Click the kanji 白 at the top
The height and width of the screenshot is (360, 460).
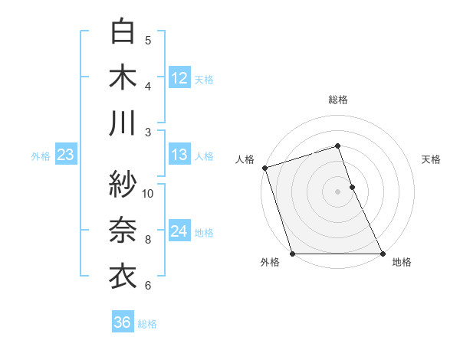[x=123, y=31]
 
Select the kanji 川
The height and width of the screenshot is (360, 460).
[x=123, y=123]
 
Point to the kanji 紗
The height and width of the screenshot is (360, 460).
[x=123, y=184]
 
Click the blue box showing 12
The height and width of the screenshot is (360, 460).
[x=179, y=77]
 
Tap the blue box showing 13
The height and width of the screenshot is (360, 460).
[x=179, y=155]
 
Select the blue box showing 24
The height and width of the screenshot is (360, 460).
[x=179, y=231]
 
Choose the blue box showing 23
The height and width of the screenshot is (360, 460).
[x=66, y=155]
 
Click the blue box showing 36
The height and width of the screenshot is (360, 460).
[x=123, y=322]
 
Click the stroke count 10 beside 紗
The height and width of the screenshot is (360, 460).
[x=148, y=193]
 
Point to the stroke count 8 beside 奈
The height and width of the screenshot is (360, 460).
[x=148, y=240]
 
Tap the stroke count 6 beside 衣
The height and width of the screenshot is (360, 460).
[x=148, y=286]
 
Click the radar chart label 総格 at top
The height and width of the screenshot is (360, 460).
[x=338, y=100]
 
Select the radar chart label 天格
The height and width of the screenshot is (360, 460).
[x=432, y=159]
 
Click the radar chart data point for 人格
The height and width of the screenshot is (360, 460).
[x=264, y=168]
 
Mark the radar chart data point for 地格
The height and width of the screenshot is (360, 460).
[x=383, y=254]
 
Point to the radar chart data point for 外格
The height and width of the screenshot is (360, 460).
[x=292, y=254]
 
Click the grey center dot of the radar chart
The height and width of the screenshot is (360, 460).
[x=337, y=191]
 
